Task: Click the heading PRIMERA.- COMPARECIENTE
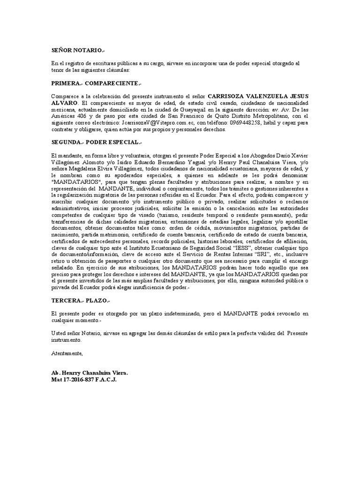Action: pyautogui.click(x=96, y=83)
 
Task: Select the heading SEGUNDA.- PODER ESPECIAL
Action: pyautogui.click(x=96, y=142)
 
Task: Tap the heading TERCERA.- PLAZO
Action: pyautogui.click(x=81, y=300)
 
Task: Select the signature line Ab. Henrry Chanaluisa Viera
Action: pyautogui.click(x=90, y=373)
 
